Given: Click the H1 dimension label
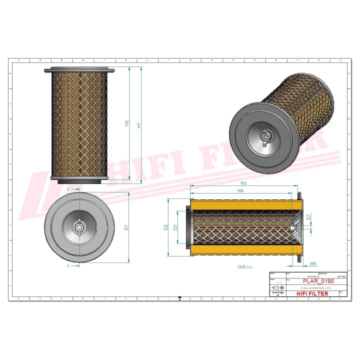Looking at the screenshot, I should [x=139, y=124].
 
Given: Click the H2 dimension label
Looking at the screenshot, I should [x=127, y=123].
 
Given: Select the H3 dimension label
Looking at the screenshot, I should [x=243, y=184].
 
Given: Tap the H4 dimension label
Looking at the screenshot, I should [x=240, y=191].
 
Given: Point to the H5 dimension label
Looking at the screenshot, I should [x=313, y=263].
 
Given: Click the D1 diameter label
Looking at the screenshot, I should [x=127, y=227].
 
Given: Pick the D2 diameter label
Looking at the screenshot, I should [x=166, y=227].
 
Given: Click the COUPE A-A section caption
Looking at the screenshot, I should [x=244, y=267].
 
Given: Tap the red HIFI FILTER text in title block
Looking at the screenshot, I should [x=312, y=293].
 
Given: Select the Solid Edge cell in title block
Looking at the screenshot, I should [x=277, y=294].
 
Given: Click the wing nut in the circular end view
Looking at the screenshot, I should [x=79, y=227].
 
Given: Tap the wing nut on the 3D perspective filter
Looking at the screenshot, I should [x=264, y=135].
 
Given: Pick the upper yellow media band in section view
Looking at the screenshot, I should [x=245, y=204].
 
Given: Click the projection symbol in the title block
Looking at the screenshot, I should [x=278, y=288].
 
